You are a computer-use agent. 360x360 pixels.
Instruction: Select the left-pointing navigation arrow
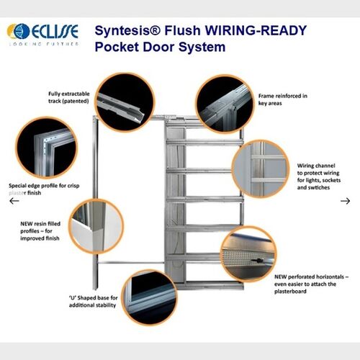[x=14, y=201]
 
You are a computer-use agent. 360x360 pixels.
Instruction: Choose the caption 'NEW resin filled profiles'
[x=41, y=234]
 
